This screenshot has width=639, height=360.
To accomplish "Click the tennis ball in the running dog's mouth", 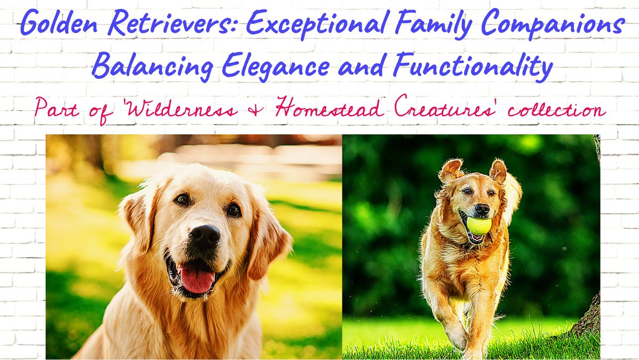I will coord(478,225).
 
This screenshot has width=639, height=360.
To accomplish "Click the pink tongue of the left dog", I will coord(198,279).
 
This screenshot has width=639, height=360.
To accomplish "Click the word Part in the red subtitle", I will coord(51,110).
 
